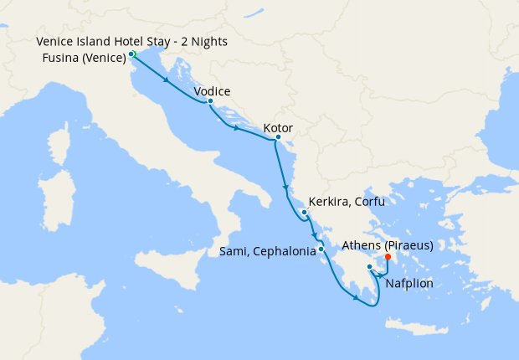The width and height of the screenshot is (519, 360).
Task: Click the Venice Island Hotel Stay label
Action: pyautogui.click(x=131, y=42)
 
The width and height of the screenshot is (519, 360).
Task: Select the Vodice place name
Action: pyautogui.click(x=212, y=91)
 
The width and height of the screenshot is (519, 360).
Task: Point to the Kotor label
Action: pyautogui.click(x=277, y=129)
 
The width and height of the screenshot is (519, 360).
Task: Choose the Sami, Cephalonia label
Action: pyautogui.click(x=267, y=249)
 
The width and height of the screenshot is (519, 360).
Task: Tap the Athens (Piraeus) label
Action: pyautogui.click(x=387, y=246)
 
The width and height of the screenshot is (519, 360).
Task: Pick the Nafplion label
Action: pyautogui.click(x=409, y=283)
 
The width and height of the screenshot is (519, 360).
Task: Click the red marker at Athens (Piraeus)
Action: pyautogui.click(x=387, y=257)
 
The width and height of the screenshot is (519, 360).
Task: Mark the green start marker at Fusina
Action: pyautogui.click(x=132, y=54)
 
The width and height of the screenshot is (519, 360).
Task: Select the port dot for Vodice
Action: pyautogui.click(x=210, y=101)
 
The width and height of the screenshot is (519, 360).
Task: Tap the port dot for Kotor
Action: pyautogui.click(x=277, y=137)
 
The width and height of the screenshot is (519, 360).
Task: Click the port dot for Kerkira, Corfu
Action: pyautogui.click(x=305, y=212)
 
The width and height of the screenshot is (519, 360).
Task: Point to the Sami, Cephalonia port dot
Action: pyautogui.click(x=321, y=249)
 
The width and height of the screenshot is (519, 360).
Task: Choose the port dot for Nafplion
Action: pyautogui.click(x=369, y=267)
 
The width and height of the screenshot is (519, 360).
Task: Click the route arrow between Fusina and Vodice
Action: pyautogui.click(x=169, y=81)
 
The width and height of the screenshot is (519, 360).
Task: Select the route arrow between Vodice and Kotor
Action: pyautogui.click(x=238, y=129)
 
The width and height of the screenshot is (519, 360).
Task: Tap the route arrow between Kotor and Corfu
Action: pyautogui.click(x=286, y=186)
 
